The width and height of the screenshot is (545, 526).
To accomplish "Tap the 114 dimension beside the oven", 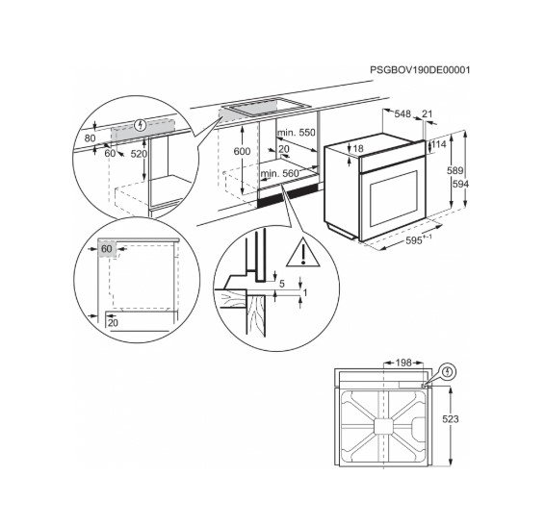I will pyautogui.click(x=439, y=144).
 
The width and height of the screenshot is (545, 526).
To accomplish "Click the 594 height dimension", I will pyautogui.click(x=461, y=184).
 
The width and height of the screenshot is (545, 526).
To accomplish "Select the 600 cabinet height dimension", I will pyautogui.click(x=242, y=152).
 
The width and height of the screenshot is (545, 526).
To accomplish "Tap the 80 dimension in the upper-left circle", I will pyautogui.click(x=91, y=138).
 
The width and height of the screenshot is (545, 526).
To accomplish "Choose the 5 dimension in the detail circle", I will pyautogui.click(x=281, y=284).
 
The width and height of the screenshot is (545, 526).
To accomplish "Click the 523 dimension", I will pyautogui.click(x=451, y=419).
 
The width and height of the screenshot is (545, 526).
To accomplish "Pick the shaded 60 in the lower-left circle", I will pyautogui.click(x=106, y=249).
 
